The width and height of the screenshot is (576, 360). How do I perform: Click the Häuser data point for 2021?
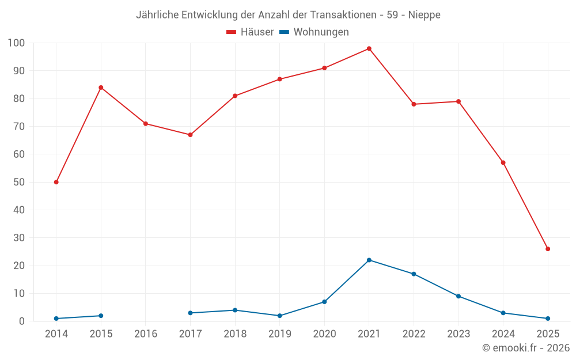click(369, 48)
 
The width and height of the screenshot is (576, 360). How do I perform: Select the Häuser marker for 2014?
click(56, 182)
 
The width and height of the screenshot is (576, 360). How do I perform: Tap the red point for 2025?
click(548, 249)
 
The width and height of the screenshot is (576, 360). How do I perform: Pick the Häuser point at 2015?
click(101, 88)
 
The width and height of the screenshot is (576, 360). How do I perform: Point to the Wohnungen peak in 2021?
click(369, 260)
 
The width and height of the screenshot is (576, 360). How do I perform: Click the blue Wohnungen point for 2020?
click(324, 302)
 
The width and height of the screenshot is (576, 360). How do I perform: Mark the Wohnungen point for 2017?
click(190, 313)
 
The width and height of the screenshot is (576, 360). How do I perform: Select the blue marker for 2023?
click(458, 296)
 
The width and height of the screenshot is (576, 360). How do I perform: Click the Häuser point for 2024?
click(503, 162)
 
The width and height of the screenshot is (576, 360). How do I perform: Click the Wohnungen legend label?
click(321, 32)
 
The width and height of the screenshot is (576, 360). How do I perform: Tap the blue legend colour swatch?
click(284, 32)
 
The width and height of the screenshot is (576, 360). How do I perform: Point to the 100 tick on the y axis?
click(16, 43)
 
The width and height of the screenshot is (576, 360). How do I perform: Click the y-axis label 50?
click(19, 182)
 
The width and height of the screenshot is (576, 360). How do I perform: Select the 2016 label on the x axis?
click(146, 334)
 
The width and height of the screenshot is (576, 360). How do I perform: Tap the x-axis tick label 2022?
click(414, 334)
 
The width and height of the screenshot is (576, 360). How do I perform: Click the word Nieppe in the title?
click(425, 15)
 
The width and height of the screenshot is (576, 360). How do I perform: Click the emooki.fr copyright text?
click(525, 348)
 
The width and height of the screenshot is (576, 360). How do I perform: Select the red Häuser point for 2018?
click(235, 96)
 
